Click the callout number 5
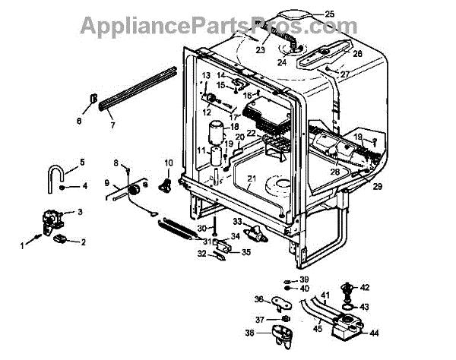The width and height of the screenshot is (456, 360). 82,162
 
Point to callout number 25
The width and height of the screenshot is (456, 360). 329,14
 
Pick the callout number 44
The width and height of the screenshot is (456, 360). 374,333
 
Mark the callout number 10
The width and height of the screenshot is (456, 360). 169,163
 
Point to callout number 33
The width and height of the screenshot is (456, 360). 237,221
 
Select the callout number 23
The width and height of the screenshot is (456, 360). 260,51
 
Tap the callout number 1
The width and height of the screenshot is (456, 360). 22,245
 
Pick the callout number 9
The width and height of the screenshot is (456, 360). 108,182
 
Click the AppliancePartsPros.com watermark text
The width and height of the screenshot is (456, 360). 208,27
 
